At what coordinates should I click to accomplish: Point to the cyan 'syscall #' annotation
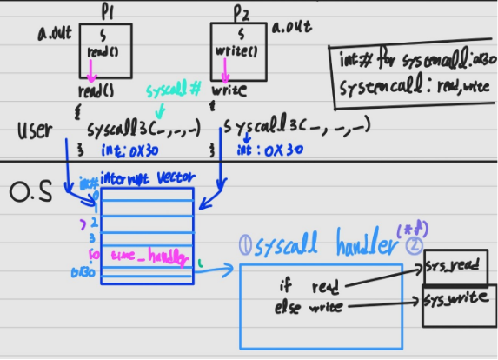pos(174,91)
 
